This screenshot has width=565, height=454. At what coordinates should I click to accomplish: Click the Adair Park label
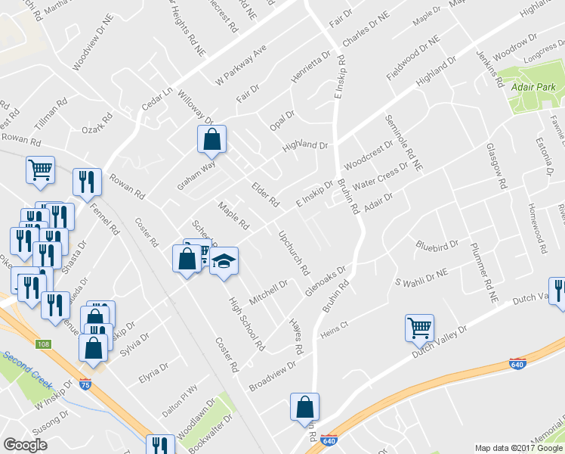(529, 88)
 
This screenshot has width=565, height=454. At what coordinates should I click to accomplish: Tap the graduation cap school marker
(223, 262)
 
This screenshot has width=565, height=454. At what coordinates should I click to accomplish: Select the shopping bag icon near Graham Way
(212, 139)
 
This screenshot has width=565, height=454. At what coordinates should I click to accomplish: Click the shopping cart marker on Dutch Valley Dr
(420, 328)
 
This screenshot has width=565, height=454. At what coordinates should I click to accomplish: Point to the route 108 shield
(45, 344)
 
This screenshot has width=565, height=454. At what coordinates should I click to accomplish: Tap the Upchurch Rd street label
(294, 253)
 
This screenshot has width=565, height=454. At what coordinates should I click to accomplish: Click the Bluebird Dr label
(437, 245)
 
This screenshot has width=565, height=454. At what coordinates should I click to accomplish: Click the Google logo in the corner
(25, 444)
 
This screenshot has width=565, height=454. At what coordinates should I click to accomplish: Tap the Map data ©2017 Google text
(519, 448)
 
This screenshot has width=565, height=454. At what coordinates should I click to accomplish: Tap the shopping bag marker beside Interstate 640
(304, 406)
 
